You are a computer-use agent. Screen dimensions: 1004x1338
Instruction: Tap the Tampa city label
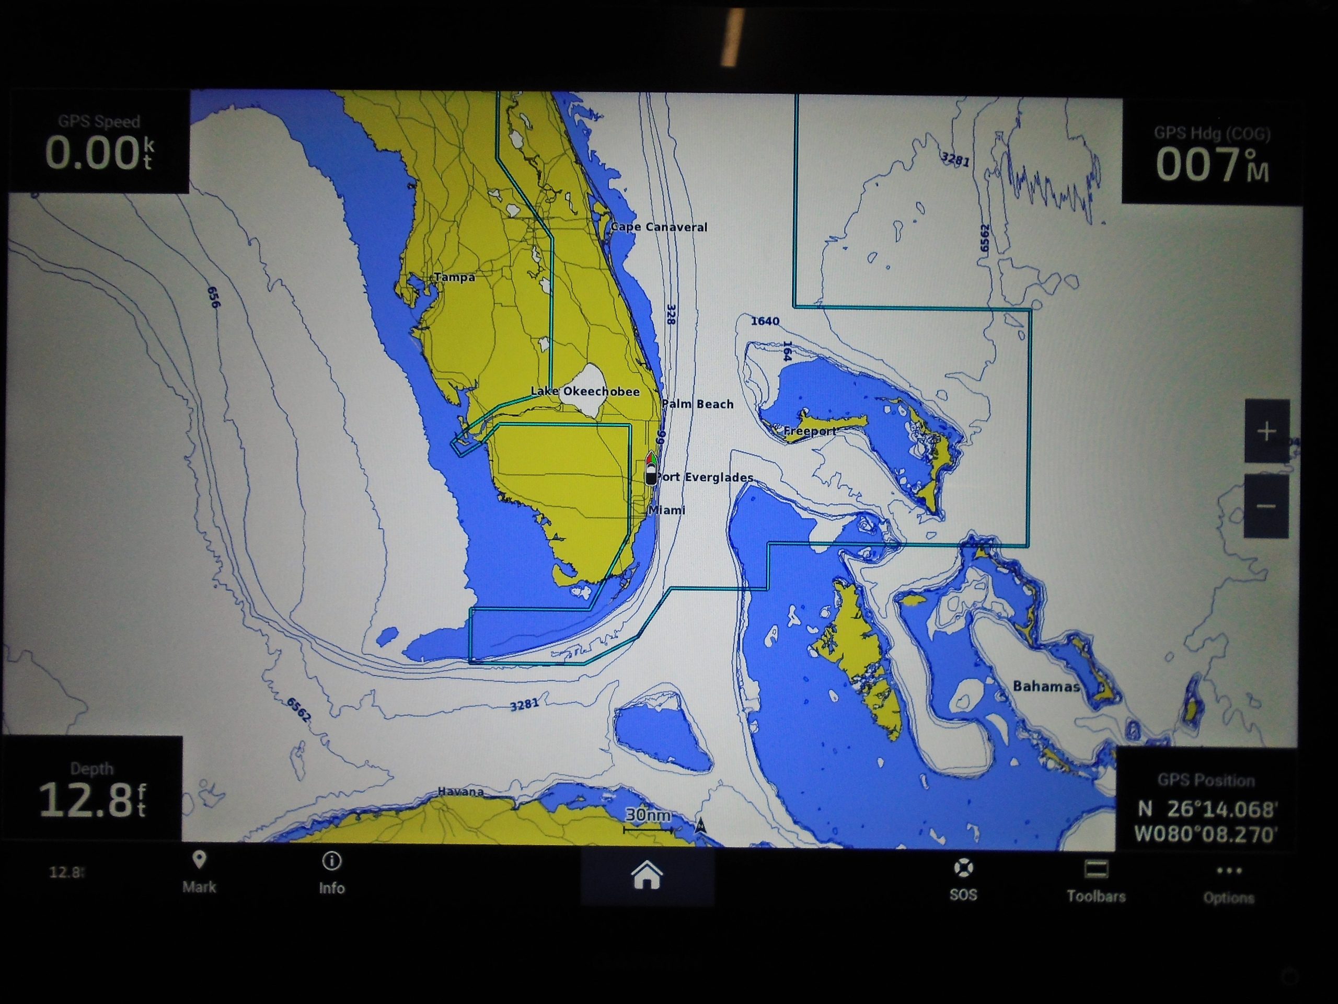[x=454, y=277]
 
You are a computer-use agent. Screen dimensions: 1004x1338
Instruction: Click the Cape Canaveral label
[x=659, y=227]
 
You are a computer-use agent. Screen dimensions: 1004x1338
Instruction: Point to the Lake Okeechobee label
[x=585, y=392]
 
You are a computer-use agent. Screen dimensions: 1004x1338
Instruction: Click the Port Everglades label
[x=705, y=477]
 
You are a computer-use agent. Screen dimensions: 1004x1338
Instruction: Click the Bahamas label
[x=1046, y=686]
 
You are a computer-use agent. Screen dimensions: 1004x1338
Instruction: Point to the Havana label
[x=460, y=792]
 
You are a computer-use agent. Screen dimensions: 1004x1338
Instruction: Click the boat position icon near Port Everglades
[x=651, y=468]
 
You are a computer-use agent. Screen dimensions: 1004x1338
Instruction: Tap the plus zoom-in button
[x=1266, y=431]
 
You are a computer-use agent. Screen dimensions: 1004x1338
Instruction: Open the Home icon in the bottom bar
[x=647, y=876]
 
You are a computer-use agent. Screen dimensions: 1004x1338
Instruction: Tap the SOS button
[x=963, y=881]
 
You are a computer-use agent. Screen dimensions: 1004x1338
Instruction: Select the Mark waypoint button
[x=199, y=872]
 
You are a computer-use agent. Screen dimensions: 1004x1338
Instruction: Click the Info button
[x=331, y=873]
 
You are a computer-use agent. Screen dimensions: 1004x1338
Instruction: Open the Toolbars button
[x=1096, y=882]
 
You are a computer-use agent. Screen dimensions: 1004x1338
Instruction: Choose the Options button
[x=1229, y=883]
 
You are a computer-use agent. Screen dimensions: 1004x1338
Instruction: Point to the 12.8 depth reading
[x=92, y=800]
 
